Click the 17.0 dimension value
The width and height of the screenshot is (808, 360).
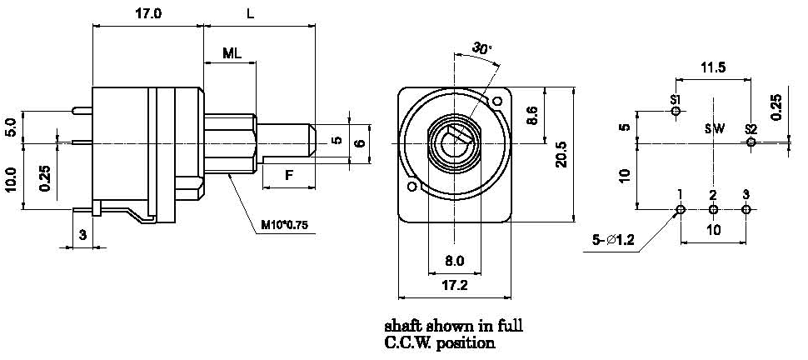(x=146, y=13)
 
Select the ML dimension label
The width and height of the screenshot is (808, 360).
(x=232, y=53)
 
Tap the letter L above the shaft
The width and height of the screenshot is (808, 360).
(x=251, y=13)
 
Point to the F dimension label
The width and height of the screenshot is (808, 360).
(x=288, y=175)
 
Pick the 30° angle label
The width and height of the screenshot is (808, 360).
(x=481, y=48)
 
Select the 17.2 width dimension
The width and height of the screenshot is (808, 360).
(x=454, y=285)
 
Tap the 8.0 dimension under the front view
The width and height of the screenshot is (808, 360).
(x=454, y=261)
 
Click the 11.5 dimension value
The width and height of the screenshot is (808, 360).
(x=713, y=67)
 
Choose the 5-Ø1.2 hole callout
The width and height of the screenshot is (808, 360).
(x=615, y=241)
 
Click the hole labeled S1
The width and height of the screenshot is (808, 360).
(x=676, y=111)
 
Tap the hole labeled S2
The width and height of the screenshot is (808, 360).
(x=751, y=142)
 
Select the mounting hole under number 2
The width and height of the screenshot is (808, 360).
(x=713, y=209)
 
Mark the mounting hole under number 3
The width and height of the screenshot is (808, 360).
(x=746, y=209)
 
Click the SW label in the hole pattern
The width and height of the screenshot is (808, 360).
(x=714, y=129)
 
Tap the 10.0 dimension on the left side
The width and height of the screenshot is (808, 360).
(x=11, y=179)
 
